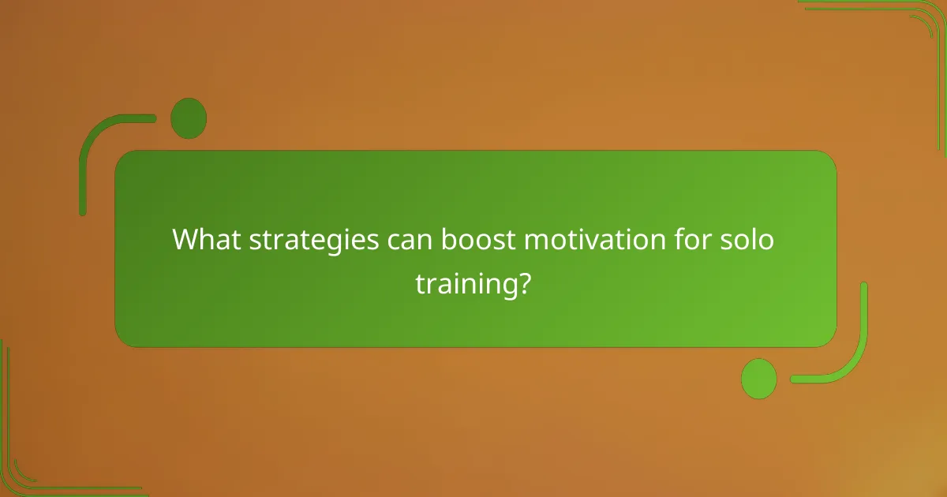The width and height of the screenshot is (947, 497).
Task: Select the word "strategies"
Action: click(x=313, y=239)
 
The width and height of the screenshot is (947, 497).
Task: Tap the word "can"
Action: click(x=409, y=240)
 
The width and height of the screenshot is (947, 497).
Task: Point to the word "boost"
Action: click(x=473, y=239)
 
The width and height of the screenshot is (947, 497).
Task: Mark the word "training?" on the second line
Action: click(x=473, y=285)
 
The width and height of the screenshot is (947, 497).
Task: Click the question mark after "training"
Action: click(x=522, y=284)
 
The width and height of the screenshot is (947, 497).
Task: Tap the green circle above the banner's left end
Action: click(x=189, y=118)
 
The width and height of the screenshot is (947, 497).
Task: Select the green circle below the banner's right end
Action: click(x=758, y=378)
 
